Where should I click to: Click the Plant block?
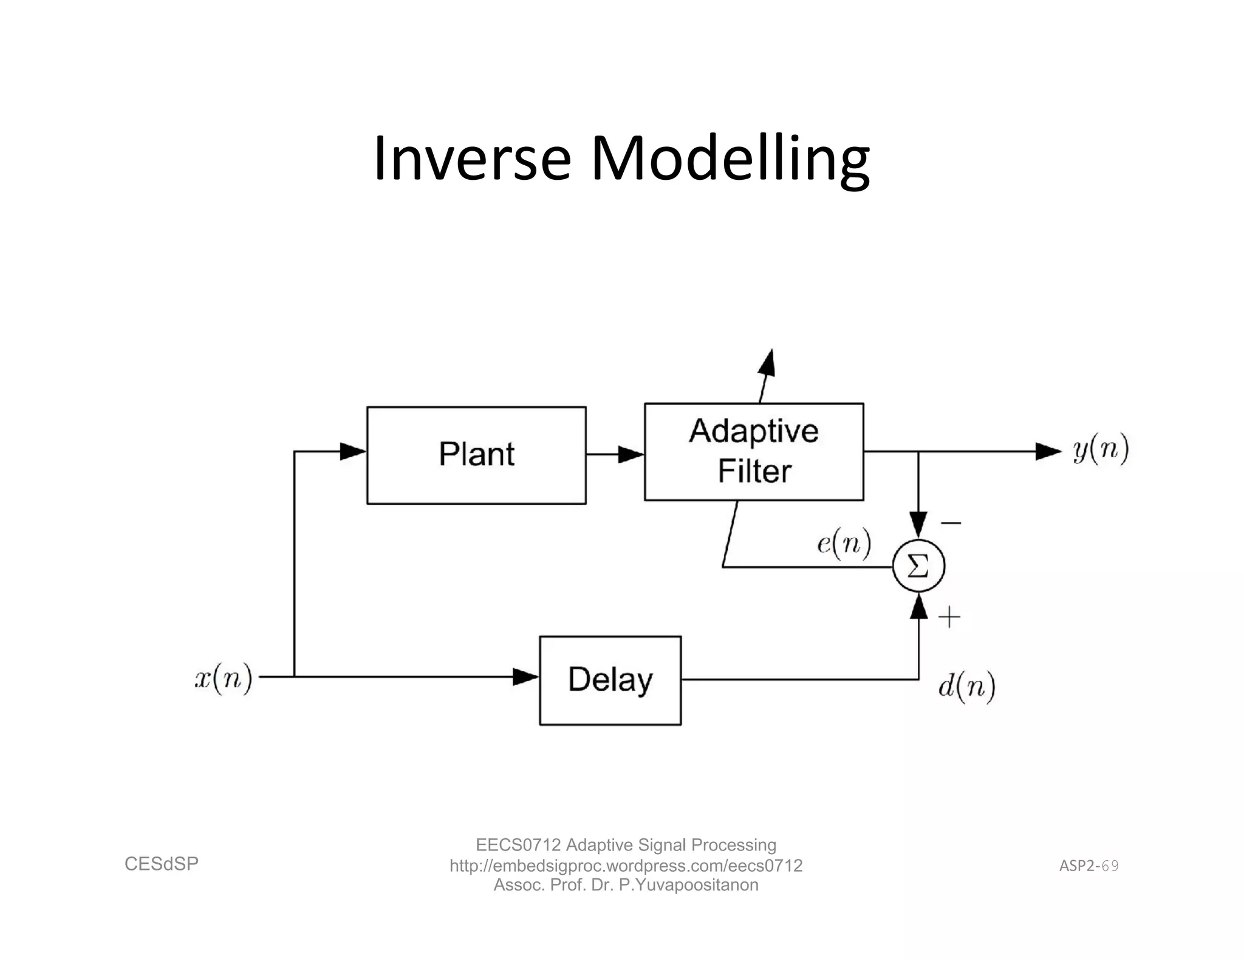coord(476,455)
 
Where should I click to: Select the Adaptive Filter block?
coord(754,451)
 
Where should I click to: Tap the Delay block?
coord(610,680)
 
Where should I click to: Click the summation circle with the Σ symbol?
coord(918,566)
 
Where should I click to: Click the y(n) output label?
coord(1101,450)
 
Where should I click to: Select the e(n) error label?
coord(844,542)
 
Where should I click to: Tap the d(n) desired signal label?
coord(967,686)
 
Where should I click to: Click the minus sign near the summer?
coord(951,522)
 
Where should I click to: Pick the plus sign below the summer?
coord(949,618)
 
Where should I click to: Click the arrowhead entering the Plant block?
coord(353,451)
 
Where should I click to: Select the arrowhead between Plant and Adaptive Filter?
coord(631,454)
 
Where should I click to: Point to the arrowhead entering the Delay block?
coord(525,676)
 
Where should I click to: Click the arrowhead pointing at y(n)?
coord(1048,451)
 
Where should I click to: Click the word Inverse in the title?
coord(472,159)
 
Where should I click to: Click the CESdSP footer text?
coord(162,864)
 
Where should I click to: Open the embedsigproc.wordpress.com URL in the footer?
coord(626,866)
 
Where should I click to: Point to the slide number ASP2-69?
coord(1088,866)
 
